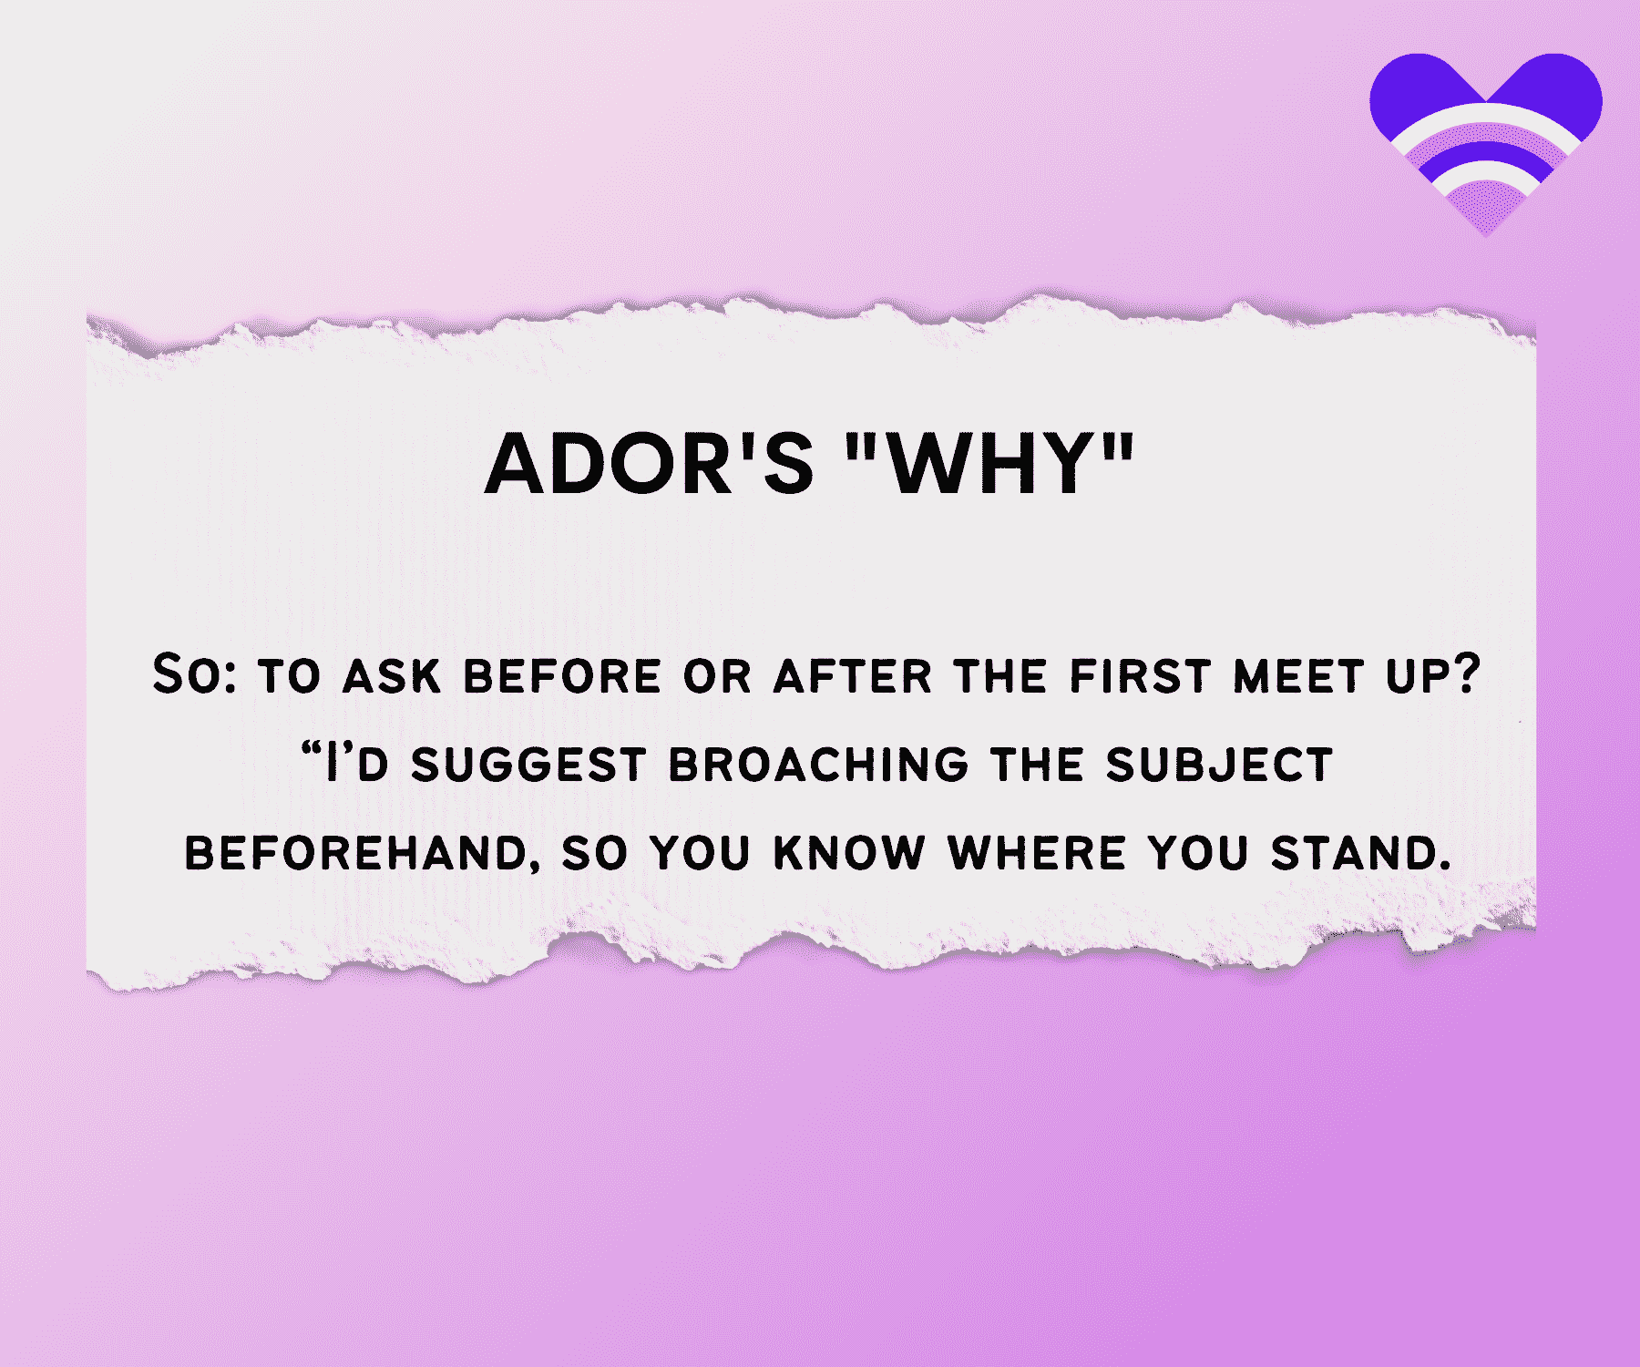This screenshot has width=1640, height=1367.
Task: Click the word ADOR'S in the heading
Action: (x=649, y=464)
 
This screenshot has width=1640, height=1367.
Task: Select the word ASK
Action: (x=391, y=677)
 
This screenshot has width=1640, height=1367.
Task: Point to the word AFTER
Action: (x=853, y=677)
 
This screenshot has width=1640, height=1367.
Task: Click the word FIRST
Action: (x=1140, y=677)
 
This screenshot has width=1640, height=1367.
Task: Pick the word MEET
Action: (x=1298, y=677)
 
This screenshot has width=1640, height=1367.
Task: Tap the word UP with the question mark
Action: (x=1433, y=677)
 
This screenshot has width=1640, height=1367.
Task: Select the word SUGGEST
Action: (x=528, y=766)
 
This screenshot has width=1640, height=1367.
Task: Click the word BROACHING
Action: (x=819, y=766)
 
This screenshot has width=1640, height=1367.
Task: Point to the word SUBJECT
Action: (x=1219, y=766)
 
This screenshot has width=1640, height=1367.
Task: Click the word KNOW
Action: (x=849, y=854)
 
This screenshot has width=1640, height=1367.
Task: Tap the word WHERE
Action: (x=1036, y=854)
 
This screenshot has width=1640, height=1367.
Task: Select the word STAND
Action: (x=1360, y=854)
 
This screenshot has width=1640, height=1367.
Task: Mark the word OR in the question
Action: (x=717, y=677)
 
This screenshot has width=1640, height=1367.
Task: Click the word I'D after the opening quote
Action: (x=358, y=766)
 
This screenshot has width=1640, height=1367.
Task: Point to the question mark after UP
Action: (x=1467, y=675)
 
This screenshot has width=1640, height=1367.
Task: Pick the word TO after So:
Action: (x=290, y=677)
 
